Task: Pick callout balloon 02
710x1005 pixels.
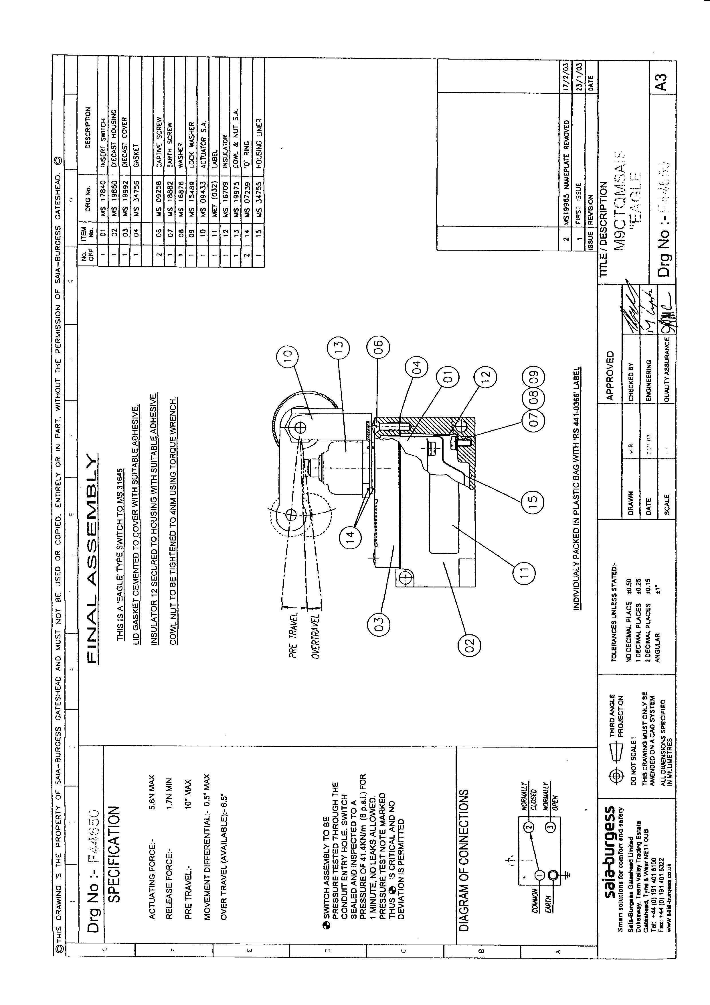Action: point(469,645)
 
